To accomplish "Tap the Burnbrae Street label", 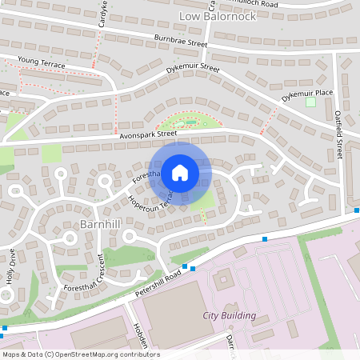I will coord(182,40).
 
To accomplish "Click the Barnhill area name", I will coord(100,224).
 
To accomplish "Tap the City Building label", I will coord(230,315).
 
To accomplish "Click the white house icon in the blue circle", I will coord(180,172).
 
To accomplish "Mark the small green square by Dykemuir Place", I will coord(310,102).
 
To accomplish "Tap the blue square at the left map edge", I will coord(4,327).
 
